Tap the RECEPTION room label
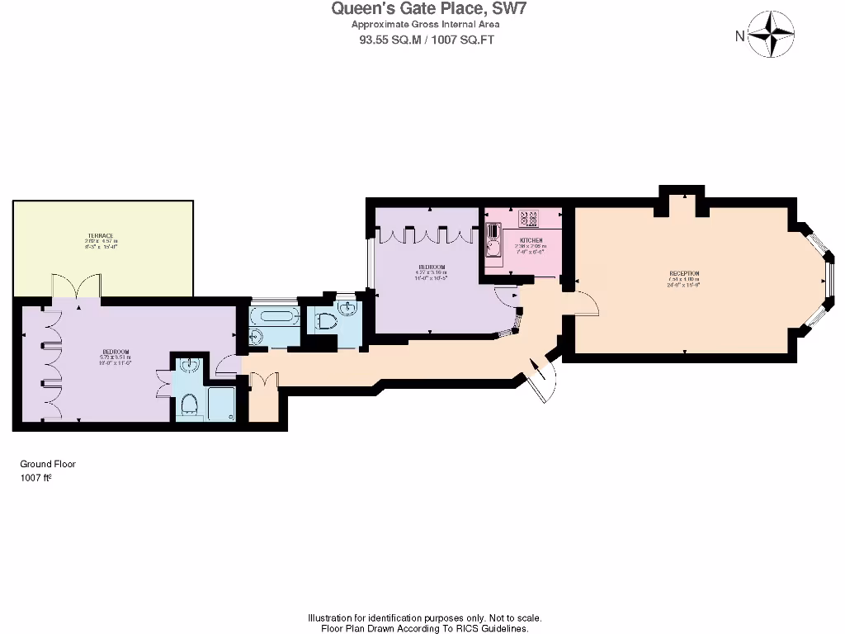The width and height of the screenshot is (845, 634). [x=684, y=273]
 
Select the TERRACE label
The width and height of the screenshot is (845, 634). [x=102, y=235]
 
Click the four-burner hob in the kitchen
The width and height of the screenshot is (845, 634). [x=528, y=219]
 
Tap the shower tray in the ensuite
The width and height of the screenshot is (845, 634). [x=220, y=405]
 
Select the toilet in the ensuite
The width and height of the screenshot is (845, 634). [x=188, y=404]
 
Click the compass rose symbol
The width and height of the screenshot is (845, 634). [x=773, y=34]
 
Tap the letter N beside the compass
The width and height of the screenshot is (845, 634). [x=739, y=35]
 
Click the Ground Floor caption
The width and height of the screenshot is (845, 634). [x=48, y=464]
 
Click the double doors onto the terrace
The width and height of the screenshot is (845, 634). [x=76, y=286]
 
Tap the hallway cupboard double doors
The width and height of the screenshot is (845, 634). [x=262, y=381]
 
